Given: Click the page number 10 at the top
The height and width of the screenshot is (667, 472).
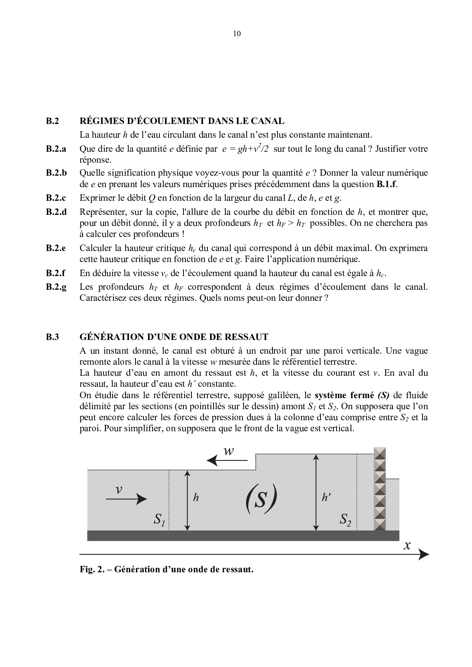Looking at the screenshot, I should (236, 33).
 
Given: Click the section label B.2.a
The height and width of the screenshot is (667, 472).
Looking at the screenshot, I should (56, 149).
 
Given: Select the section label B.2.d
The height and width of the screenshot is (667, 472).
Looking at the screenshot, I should (56, 212).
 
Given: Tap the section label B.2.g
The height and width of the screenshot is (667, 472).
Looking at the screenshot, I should (56, 287).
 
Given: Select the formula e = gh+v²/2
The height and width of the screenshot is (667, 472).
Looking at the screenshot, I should (246, 149).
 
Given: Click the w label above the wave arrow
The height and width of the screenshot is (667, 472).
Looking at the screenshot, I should (228, 451).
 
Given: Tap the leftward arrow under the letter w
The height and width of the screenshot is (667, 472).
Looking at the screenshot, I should (227, 461).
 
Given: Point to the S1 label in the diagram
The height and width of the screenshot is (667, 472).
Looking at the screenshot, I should (159, 519).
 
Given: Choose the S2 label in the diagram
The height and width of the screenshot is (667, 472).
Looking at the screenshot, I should (346, 519).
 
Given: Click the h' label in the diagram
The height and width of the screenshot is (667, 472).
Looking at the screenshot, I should (326, 497).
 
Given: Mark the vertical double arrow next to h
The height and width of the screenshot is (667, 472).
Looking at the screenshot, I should (187, 500).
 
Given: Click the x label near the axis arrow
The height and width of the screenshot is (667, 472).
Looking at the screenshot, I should (407, 545).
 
